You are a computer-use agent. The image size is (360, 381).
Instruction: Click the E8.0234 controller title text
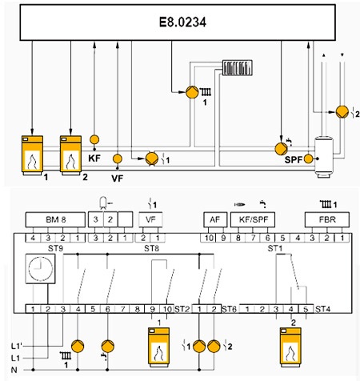click(x=182, y=22)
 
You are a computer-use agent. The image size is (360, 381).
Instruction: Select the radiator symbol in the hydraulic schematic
click(x=238, y=67)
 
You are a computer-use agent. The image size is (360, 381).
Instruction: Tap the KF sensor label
click(x=94, y=158)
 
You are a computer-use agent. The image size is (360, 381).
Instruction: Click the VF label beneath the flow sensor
click(x=118, y=178)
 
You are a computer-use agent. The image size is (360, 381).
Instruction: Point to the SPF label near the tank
click(x=294, y=160)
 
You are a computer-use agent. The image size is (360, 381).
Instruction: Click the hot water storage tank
click(x=324, y=157)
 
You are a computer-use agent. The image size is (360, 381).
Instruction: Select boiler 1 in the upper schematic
click(x=32, y=155)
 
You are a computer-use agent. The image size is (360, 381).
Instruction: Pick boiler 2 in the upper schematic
click(x=70, y=155)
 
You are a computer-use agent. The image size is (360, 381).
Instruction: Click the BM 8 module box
click(x=55, y=220)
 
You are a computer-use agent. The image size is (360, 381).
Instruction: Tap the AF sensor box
click(x=215, y=220)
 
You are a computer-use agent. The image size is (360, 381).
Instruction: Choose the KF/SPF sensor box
click(x=253, y=220)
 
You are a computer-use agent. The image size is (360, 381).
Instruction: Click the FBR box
click(x=327, y=220)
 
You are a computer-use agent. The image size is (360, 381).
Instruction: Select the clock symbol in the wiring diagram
click(x=40, y=268)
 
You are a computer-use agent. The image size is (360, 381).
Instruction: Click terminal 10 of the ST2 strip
click(x=167, y=309)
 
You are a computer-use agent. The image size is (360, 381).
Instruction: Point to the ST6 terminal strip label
click(x=230, y=309)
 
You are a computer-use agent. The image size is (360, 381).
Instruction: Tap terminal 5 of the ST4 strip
click(x=306, y=309)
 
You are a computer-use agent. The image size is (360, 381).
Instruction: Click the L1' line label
click(x=17, y=346)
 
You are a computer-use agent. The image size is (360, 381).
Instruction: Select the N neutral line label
click(x=14, y=370)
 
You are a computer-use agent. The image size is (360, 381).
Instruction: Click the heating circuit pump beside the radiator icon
click(x=192, y=92)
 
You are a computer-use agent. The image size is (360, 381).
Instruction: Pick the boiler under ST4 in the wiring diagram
click(x=290, y=347)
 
